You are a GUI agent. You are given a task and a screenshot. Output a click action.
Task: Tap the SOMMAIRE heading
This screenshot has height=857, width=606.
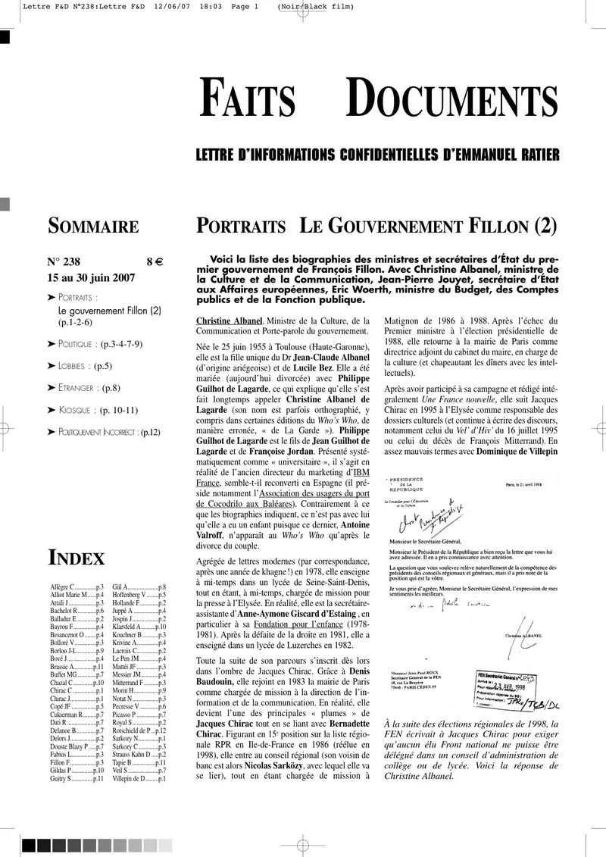pyautogui.click(x=93, y=226)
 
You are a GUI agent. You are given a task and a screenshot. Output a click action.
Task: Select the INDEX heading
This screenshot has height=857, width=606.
pyautogui.click(x=77, y=559)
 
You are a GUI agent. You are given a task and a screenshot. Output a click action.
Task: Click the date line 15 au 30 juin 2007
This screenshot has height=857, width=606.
pyautogui.click(x=92, y=277)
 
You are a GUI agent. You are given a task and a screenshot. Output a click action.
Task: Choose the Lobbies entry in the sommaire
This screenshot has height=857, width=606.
pyautogui.click(x=84, y=366)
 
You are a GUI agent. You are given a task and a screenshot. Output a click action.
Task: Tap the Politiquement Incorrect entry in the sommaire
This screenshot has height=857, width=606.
pyautogui.click(x=108, y=432)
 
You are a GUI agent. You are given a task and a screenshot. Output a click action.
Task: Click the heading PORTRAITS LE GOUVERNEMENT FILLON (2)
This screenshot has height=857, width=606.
pyautogui.click(x=376, y=226)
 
